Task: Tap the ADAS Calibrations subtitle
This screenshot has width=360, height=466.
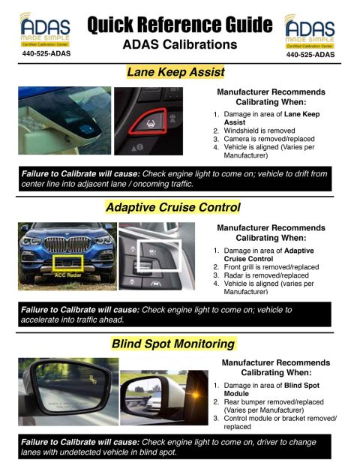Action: (x=179, y=46)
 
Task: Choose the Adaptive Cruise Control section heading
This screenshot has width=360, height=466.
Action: (x=173, y=207)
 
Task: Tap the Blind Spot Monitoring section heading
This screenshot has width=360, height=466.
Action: (x=173, y=344)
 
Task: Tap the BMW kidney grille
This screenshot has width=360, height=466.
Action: (x=67, y=246)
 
